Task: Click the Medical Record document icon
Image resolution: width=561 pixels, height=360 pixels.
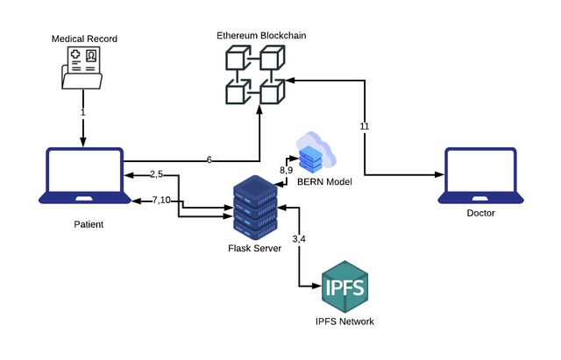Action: tap(83, 68)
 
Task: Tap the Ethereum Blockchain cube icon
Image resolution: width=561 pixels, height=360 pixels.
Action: tap(255, 77)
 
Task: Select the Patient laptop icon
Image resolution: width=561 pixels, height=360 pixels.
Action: tap(83, 176)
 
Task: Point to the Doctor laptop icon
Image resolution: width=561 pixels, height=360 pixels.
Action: tap(481, 176)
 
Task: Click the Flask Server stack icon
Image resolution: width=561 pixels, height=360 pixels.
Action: tap(255, 208)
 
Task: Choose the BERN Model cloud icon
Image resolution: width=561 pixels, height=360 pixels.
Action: tap(316, 152)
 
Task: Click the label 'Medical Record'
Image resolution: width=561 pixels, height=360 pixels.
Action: tap(82, 39)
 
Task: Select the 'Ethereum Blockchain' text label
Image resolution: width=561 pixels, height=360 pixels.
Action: tap(261, 35)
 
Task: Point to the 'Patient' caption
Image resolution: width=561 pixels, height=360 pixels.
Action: tap(88, 224)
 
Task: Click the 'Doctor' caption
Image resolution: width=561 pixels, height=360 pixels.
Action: tap(480, 214)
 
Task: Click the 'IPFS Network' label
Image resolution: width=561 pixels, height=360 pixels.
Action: tap(344, 321)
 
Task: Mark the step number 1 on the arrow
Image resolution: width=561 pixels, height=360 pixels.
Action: tap(82, 113)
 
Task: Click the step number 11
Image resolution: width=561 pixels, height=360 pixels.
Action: tap(365, 126)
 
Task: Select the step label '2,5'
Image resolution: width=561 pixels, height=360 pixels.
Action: tap(156, 174)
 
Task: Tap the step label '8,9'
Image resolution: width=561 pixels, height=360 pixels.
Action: tap(286, 169)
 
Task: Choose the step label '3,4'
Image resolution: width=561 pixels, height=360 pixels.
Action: tap(299, 239)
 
